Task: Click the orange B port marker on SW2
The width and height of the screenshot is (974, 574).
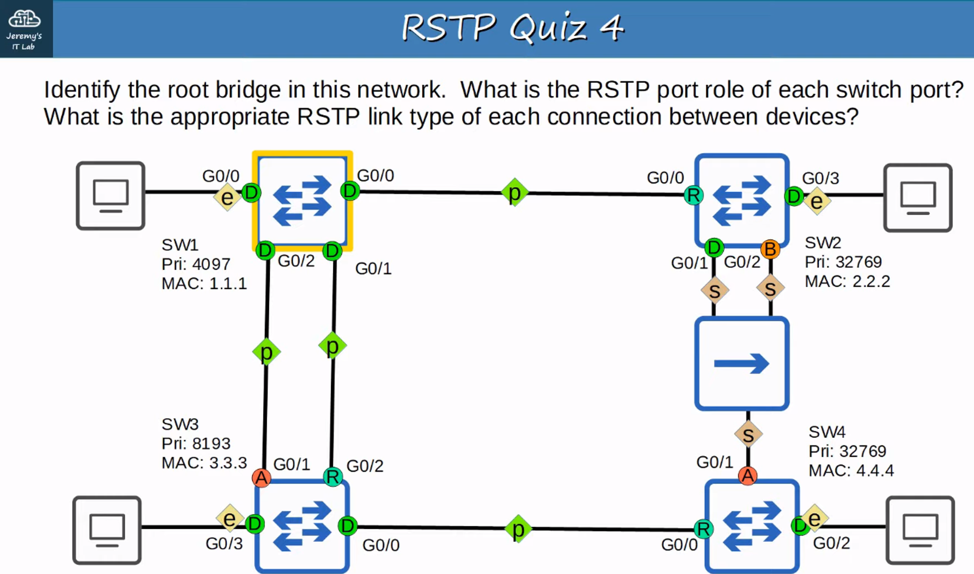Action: pos(770,249)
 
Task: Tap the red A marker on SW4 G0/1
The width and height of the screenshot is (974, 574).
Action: pos(748,476)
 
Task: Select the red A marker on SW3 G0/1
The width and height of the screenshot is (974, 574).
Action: pos(262,478)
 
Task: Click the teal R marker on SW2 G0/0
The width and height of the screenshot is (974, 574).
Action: pos(693,195)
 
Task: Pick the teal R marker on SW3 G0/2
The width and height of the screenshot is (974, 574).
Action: pos(333,477)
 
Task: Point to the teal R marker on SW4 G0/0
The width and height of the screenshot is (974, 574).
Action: pos(703,529)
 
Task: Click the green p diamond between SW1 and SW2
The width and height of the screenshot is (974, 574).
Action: pos(515,193)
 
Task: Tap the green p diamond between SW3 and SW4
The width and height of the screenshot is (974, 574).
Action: pos(518,529)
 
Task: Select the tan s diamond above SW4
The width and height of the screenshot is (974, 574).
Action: pos(748,435)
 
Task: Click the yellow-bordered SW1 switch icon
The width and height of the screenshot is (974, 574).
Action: pos(302,200)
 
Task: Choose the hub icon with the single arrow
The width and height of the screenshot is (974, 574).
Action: pos(742,363)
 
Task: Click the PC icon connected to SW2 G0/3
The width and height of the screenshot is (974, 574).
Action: pos(918,197)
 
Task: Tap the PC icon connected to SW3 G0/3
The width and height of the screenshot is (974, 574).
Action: pos(107,530)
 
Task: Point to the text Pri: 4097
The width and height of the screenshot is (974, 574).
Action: pos(196,264)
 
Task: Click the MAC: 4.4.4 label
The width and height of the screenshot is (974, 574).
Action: pos(851,470)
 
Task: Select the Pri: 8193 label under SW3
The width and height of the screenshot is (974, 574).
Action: pos(196,444)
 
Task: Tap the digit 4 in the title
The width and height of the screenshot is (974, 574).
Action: pos(612,27)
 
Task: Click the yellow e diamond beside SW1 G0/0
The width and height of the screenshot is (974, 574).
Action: pos(227,197)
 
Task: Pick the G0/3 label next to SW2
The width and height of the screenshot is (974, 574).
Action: pos(821,178)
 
